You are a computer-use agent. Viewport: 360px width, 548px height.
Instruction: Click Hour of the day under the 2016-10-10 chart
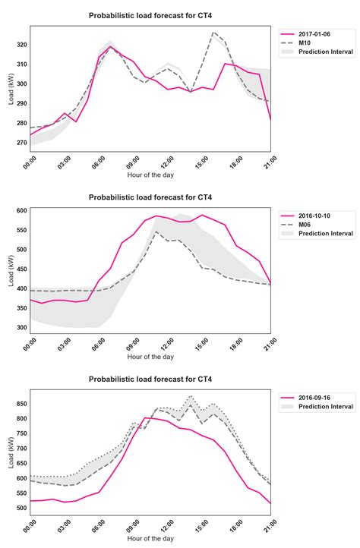[150, 356]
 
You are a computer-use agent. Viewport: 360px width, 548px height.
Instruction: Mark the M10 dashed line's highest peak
[213, 33]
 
